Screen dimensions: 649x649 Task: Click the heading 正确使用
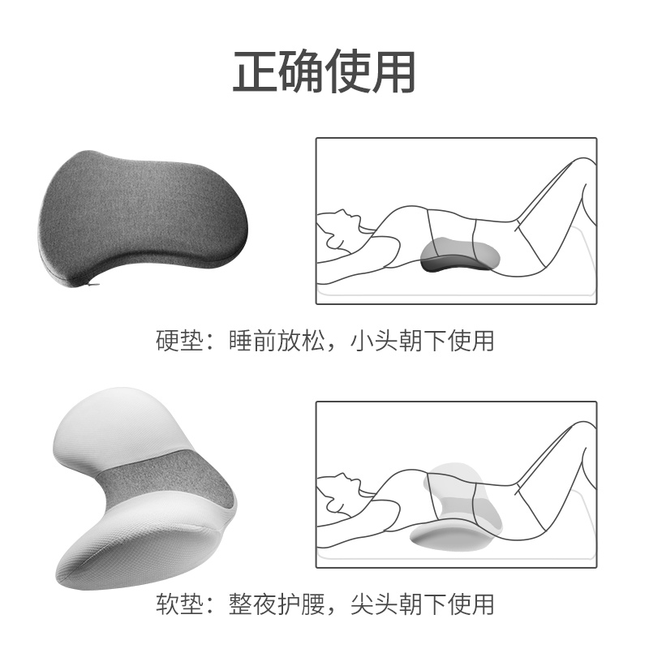coord(324,72)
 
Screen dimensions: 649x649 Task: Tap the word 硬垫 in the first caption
coord(179,340)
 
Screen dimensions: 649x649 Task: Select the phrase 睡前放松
coord(276,340)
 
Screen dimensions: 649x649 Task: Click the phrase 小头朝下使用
coord(422,340)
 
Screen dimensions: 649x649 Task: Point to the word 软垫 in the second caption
coord(179,604)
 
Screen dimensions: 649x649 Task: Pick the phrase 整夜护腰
coord(276,604)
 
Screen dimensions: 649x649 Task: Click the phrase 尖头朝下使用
coord(422,604)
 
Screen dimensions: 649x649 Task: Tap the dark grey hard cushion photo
coord(143,218)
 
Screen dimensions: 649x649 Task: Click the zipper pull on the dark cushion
coord(94,285)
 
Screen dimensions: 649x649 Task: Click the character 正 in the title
coord(255,72)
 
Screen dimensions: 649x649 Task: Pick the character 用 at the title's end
coord(393,72)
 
